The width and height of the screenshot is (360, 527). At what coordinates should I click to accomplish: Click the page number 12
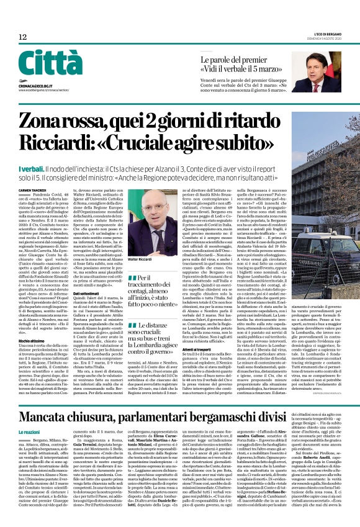pyautogui.click(x=23, y=37)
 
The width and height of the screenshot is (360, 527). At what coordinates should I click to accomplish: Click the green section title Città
pyautogui.click(x=51, y=64)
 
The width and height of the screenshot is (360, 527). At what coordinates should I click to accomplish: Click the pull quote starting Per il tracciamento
pyautogui.click(x=163, y=307)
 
